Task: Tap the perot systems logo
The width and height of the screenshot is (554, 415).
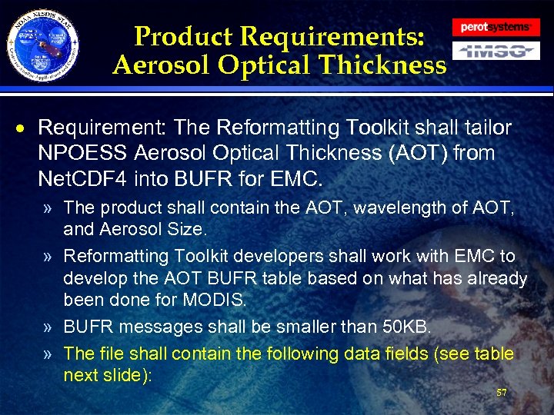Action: [x=496, y=27]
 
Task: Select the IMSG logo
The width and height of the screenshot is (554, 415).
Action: [x=496, y=51]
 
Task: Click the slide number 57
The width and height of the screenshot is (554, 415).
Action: [x=502, y=393]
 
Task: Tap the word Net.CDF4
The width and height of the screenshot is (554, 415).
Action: [x=82, y=178]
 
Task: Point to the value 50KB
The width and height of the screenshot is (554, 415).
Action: [x=405, y=328]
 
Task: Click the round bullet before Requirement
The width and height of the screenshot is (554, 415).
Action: [x=25, y=128]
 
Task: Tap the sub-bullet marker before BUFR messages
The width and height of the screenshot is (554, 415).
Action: [x=48, y=328]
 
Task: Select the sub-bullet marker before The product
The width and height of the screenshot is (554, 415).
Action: [x=48, y=207]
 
